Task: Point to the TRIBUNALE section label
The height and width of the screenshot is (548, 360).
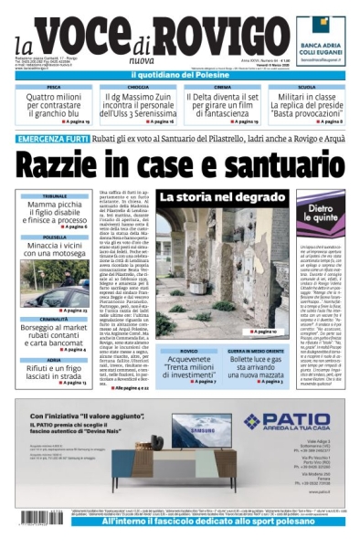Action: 54,196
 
